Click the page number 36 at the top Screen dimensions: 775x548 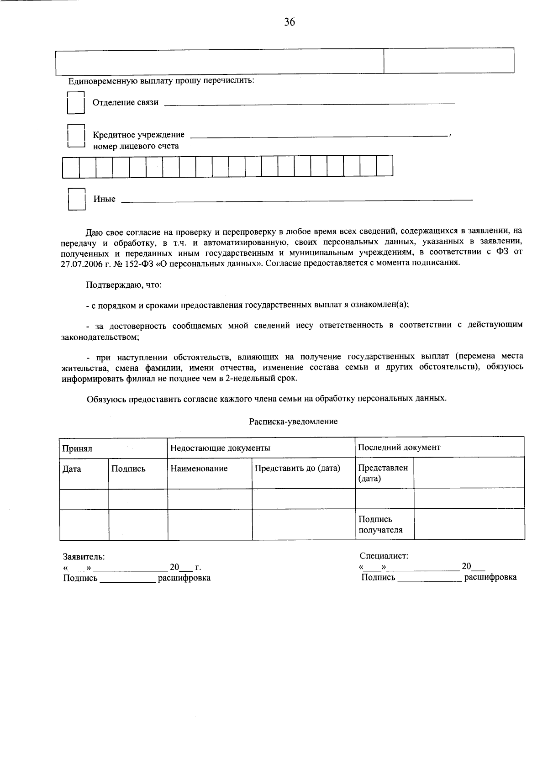pos(289,22)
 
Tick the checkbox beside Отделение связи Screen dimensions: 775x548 pos(76,103)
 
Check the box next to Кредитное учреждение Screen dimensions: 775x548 pos(76,136)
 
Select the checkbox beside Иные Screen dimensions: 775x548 pos(76,199)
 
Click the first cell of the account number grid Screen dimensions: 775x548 pos(71,166)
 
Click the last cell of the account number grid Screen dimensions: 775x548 pos(385,166)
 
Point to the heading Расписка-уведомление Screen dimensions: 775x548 pos(293,422)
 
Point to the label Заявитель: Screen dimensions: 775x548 pos(84,557)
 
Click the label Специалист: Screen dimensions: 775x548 pos(384,556)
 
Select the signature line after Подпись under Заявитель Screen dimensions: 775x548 pos(128,581)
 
